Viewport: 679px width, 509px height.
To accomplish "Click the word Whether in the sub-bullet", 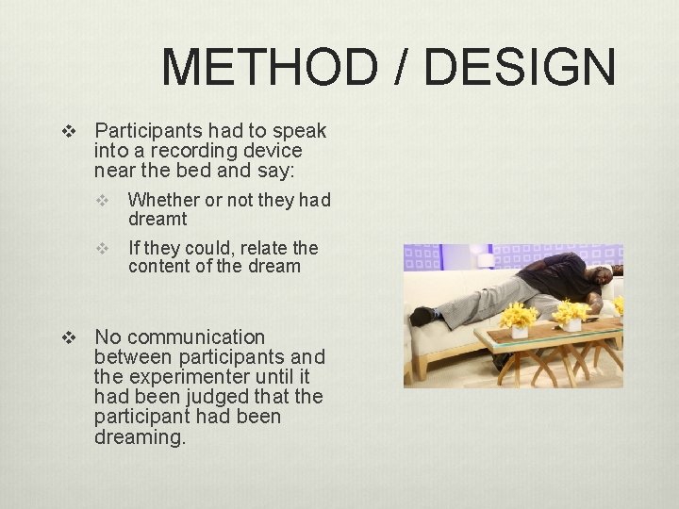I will [x=163, y=200].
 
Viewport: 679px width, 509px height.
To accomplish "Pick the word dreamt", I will [x=157, y=220].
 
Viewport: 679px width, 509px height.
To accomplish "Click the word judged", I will [x=224, y=397].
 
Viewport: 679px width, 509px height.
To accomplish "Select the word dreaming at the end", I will [x=141, y=437].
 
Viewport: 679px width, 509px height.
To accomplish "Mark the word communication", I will [x=196, y=337].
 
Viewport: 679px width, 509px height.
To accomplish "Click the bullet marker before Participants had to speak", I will [x=66, y=130].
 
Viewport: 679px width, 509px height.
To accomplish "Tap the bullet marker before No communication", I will [x=66, y=337].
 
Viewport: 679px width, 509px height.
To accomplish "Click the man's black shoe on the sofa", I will [x=422, y=316].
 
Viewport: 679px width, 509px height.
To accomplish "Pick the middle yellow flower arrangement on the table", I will [x=571, y=313].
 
